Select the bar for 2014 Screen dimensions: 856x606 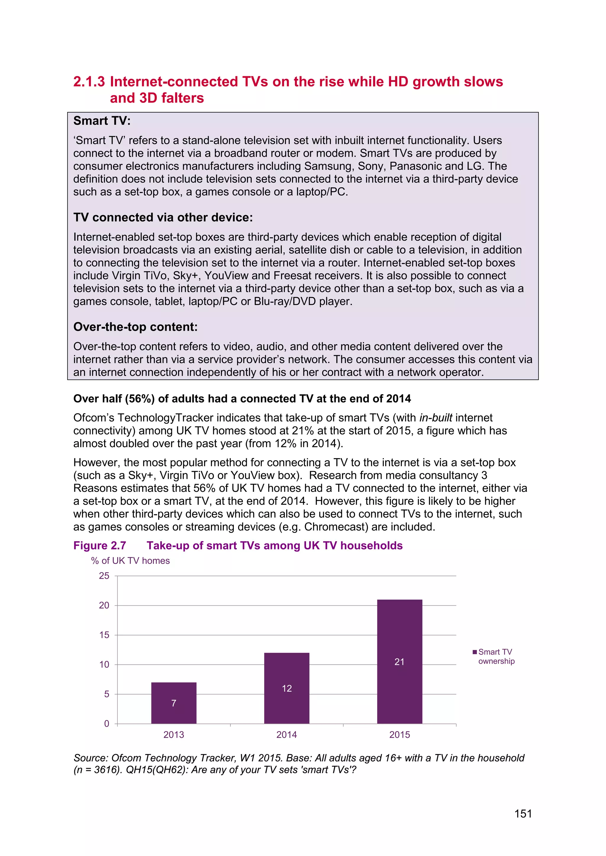tap(287, 688)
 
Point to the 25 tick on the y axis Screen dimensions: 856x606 tap(104, 576)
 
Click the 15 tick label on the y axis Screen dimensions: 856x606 tap(104, 635)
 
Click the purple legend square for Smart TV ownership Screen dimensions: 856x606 tap(475, 652)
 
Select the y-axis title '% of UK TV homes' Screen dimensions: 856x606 tap(130, 561)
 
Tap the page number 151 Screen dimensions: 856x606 tap(523, 814)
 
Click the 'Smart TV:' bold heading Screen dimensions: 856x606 tap(102, 121)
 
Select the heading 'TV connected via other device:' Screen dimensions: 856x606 tap(163, 217)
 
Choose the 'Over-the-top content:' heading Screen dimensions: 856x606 tap(136, 327)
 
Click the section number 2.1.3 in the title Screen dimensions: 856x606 tap(89, 82)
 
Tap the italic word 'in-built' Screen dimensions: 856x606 tap(436, 418)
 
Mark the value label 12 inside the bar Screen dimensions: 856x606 tap(287, 688)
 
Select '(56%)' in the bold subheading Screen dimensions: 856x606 tap(140, 399)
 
